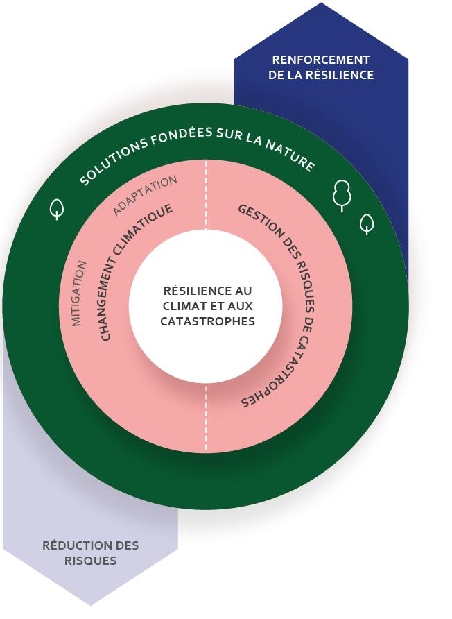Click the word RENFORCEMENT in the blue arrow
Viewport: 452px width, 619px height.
coord(321,60)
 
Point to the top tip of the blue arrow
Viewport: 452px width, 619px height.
coord(321,4)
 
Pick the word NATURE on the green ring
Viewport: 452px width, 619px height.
coord(290,156)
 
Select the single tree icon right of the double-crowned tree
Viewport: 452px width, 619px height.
coord(367,223)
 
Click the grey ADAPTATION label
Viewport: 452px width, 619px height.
coord(145,194)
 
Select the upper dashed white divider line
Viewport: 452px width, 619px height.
coord(206,194)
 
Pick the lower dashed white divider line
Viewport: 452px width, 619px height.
coord(206,416)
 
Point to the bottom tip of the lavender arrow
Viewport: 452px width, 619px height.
coord(91,604)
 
